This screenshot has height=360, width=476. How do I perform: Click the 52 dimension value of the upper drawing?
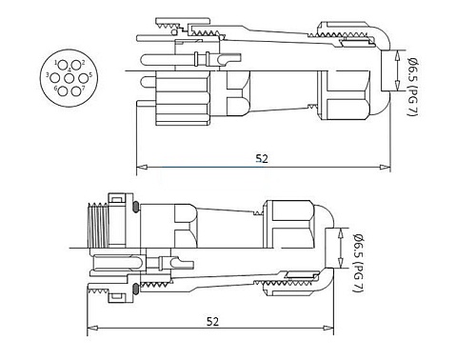pyautogui.click(x=261, y=159)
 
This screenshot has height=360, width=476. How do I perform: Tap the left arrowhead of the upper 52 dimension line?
pyautogui.click(x=141, y=170)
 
